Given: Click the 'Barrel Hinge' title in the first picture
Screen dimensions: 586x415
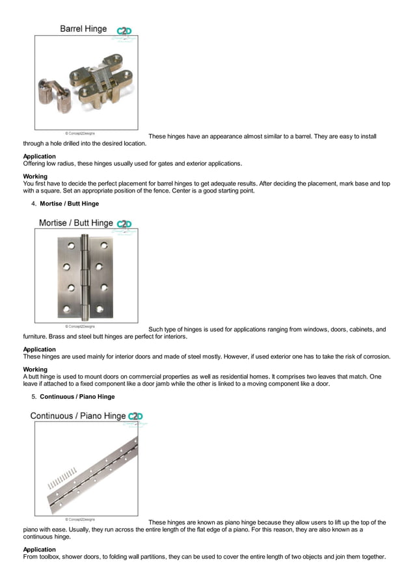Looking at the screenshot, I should pos(83,29).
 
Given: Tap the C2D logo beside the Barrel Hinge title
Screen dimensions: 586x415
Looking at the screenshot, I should pos(124,31).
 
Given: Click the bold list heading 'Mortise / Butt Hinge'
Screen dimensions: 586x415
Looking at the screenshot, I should pos(69,204).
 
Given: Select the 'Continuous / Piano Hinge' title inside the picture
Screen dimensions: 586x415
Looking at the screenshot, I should pos(77,416).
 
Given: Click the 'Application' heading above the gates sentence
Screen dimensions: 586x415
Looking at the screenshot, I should pos(39,157).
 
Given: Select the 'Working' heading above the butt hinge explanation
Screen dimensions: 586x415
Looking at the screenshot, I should pos(35,369).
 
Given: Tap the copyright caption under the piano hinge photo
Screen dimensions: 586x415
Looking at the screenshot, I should pos(79,519).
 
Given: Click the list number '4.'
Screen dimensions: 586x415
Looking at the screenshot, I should pos(34,204).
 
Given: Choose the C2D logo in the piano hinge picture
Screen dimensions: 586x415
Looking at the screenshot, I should pos(135,416).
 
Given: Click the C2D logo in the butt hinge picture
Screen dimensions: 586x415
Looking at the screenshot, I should pos(124,224).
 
